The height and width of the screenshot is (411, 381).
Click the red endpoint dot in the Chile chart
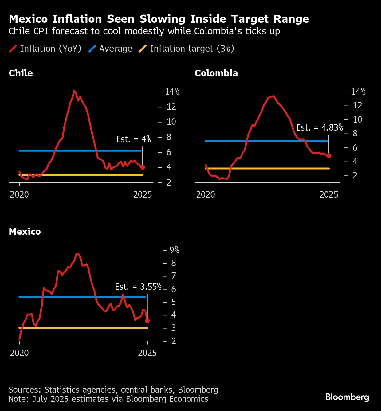tap(143, 167)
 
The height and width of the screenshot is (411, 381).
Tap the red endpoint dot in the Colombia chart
tap(329, 156)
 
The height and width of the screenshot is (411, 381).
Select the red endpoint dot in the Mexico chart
tap(147, 321)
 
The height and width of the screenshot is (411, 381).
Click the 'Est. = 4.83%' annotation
tap(320, 127)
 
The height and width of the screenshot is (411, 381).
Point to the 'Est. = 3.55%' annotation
tap(138, 287)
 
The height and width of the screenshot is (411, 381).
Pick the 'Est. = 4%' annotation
tap(133, 139)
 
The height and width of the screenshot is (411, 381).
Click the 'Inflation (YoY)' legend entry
tap(45, 49)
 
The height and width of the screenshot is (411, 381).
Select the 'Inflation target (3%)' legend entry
tap(187, 49)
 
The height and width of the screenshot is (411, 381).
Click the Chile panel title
tap(21, 73)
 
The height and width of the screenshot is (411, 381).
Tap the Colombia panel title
tap(216, 73)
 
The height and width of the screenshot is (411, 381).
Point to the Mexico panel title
tap(25, 232)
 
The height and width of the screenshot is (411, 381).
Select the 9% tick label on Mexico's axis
tap(174, 250)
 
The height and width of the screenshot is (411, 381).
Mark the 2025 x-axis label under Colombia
tap(329, 194)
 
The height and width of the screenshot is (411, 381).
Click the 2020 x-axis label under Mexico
tap(19, 353)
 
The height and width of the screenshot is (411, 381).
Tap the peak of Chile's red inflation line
tap(74, 91)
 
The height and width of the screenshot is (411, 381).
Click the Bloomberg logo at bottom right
tap(347, 397)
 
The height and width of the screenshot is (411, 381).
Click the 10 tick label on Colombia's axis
tap(357, 119)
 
